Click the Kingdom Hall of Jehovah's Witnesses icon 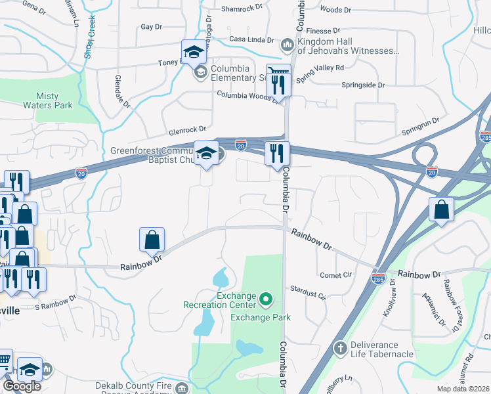pyautogui.click(x=287, y=45)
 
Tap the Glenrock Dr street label pyautogui.click(x=187, y=129)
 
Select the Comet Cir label pyautogui.click(x=335, y=275)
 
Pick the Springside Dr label pyautogui.click(x=363, y=85)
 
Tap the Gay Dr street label pyautogui.click(x=151, y=27)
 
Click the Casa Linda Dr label pyautogui.click(x=251, y=39)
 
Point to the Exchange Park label pyautogui.click(x=260, y=318)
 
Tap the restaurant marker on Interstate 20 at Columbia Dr pyautogui.click(x=277, y=154)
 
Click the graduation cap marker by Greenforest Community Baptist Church pyautogui.click(x=207, y=154)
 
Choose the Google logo pyautogui.click(x=22, y=386)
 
